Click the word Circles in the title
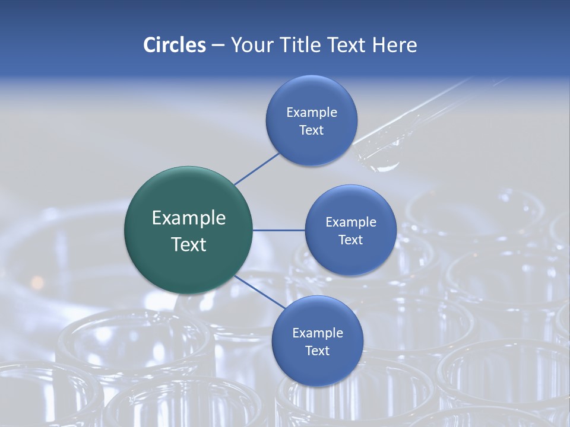[174, 45]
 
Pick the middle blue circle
[350, 258]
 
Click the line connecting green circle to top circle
[256, 168]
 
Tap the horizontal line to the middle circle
[278, 230]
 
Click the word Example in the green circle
[189, 218]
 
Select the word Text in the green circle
[189, 244]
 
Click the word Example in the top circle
[312, 112]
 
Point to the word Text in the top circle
[312, 130]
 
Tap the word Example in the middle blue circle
[350, 222]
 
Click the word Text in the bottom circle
[317, 350]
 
